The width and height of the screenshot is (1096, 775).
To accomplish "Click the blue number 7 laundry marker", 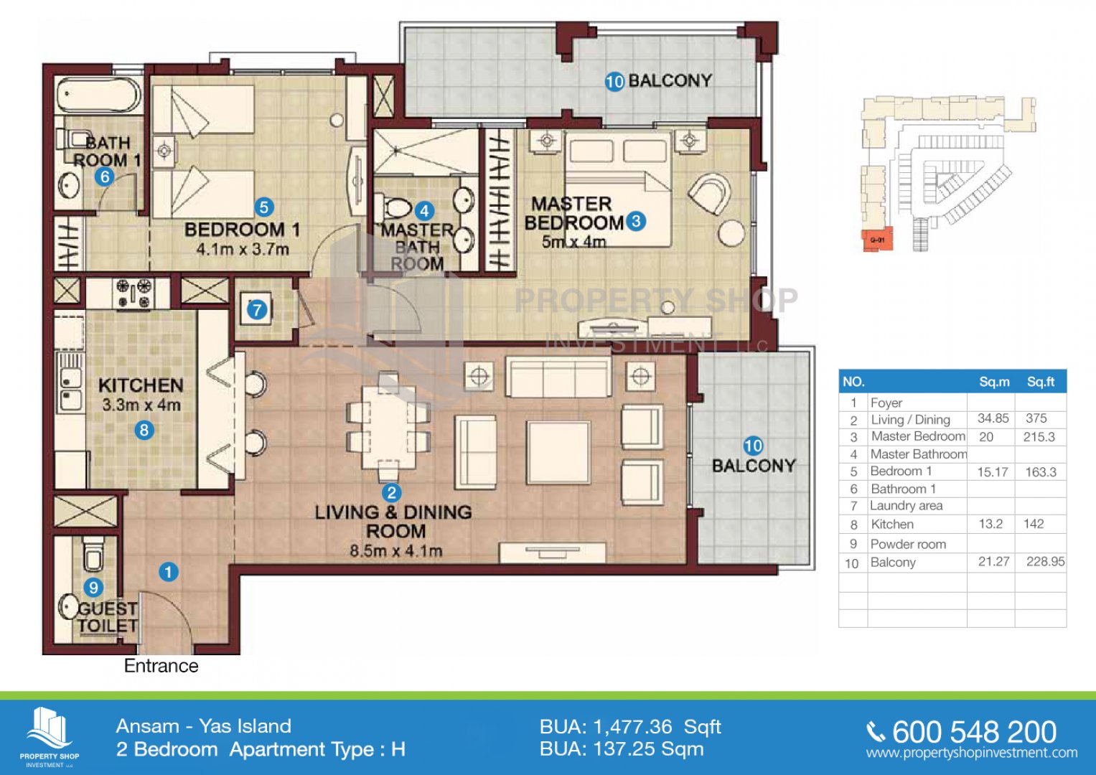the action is click(257, 310).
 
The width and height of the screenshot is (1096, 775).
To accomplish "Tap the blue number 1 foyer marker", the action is click(169, 572).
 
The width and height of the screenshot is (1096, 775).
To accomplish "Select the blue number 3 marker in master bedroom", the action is click(636, 221).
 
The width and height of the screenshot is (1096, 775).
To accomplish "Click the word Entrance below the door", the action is click(161, 666).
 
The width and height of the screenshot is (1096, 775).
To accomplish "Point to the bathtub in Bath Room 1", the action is click(98, 95).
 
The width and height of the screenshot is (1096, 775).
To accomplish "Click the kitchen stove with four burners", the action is click(133, 293).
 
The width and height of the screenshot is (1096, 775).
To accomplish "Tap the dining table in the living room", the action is click(388, 427).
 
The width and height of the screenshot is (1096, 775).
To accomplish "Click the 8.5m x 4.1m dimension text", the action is click(395, 551).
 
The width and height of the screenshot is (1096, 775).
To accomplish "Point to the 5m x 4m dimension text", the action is click(573, 242).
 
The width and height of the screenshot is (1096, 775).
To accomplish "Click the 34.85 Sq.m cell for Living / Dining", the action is click(993, 419).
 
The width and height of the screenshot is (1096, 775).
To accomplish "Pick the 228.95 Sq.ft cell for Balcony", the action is click(1045, 562).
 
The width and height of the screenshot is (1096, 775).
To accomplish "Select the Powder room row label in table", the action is click(908, 544).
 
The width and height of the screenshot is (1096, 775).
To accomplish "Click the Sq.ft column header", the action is click(1041, 382).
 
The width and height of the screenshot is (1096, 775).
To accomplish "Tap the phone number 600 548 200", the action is click(974, 732).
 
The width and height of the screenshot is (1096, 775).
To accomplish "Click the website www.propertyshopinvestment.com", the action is click(972, 753).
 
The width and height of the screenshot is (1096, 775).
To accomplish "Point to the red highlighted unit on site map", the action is click(877, 240).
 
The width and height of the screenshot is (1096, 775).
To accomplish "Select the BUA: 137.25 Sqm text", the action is click(622, 749).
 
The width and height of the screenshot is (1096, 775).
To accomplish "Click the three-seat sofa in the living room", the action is click(558, 377).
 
